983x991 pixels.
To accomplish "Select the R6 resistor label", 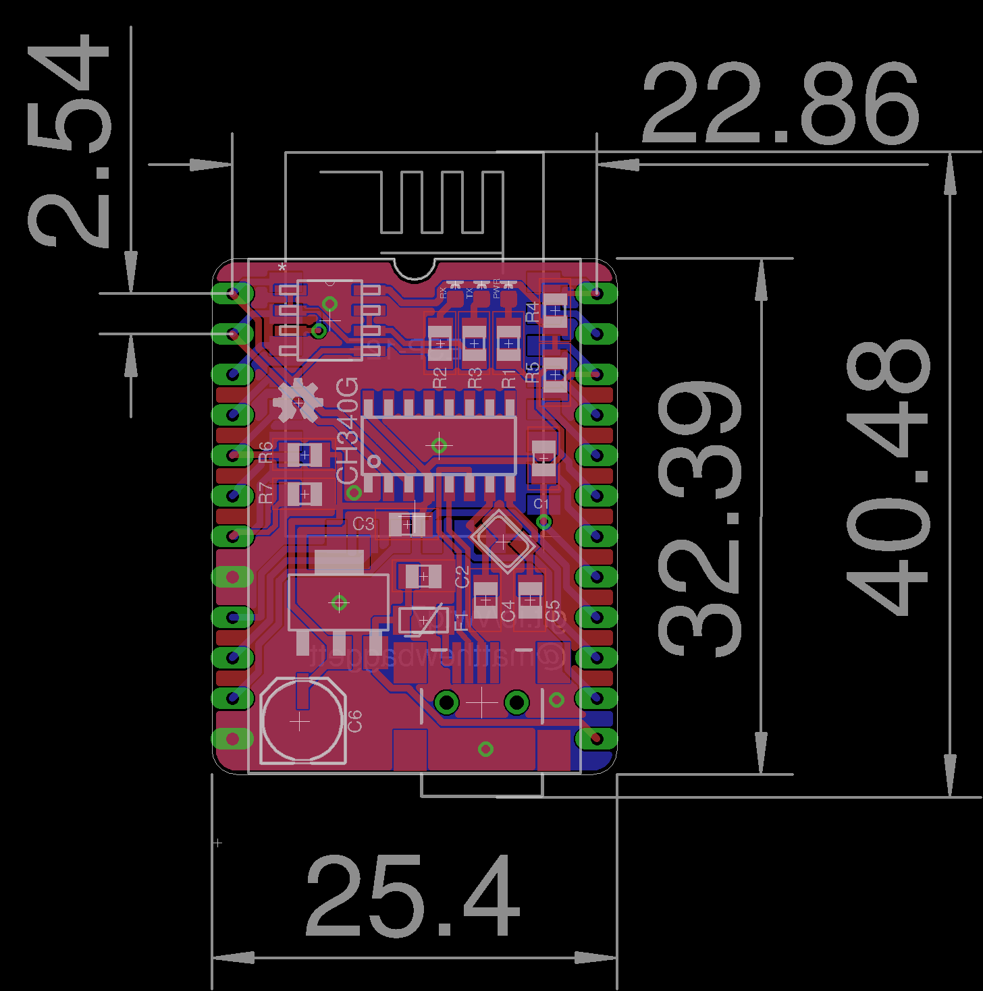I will coord(266,451).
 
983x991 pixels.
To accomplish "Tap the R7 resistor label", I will coord(266,492).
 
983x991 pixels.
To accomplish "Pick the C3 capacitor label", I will coord(363,523).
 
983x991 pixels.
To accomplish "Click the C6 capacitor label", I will coord(354,721).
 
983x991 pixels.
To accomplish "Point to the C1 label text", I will coord(541,504).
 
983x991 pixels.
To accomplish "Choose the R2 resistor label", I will coord(440,378).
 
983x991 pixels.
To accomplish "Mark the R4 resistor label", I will coord(532,312).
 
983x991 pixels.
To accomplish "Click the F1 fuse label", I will coord(462,621).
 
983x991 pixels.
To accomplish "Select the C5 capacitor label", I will coord(552,611).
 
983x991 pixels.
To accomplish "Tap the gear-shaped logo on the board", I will coord(298,401).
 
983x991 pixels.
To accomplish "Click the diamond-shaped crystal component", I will coord(504,540).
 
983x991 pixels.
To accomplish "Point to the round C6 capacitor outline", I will coord(302,722).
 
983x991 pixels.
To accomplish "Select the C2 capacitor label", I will coord(462,577).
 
